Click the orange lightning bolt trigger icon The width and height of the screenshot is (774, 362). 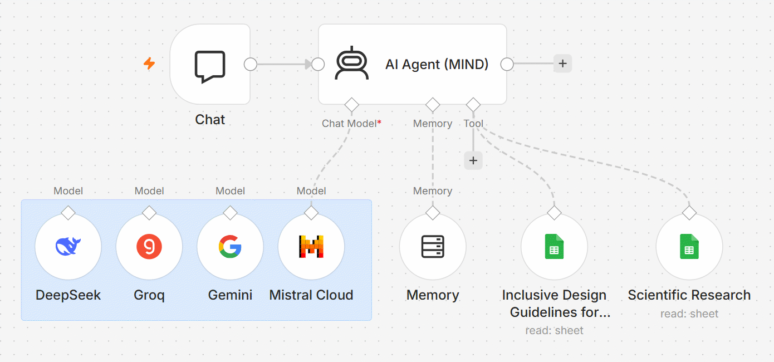click(149, 63)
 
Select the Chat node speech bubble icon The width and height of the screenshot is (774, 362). click(210, 67)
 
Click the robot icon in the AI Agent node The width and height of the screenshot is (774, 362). click(352, 63)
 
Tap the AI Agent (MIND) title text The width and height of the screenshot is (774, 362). click(437, 64)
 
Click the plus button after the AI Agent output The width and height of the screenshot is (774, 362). click(562, 63)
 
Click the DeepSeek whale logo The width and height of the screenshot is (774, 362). click(68, 246)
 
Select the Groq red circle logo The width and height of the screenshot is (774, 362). click(149, 247)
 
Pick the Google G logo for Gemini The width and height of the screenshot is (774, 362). click(230, 247)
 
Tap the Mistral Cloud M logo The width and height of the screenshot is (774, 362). click(311, 247)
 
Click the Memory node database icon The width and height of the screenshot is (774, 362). click(433, 247)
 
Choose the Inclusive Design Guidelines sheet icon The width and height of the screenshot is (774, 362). click(554, 247)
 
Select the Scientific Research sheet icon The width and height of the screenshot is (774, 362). click(689, 247)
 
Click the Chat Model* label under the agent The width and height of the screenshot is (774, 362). click(351, 124)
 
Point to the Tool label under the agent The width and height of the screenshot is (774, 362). click(473, 124)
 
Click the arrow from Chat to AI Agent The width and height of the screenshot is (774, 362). click(284, 64)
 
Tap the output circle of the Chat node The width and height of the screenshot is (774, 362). click(251, 64)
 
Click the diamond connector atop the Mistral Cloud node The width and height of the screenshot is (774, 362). click(311, 213)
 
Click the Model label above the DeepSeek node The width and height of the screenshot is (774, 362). click(68, 191)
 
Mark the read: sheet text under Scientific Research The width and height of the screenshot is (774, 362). click(689, 314)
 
